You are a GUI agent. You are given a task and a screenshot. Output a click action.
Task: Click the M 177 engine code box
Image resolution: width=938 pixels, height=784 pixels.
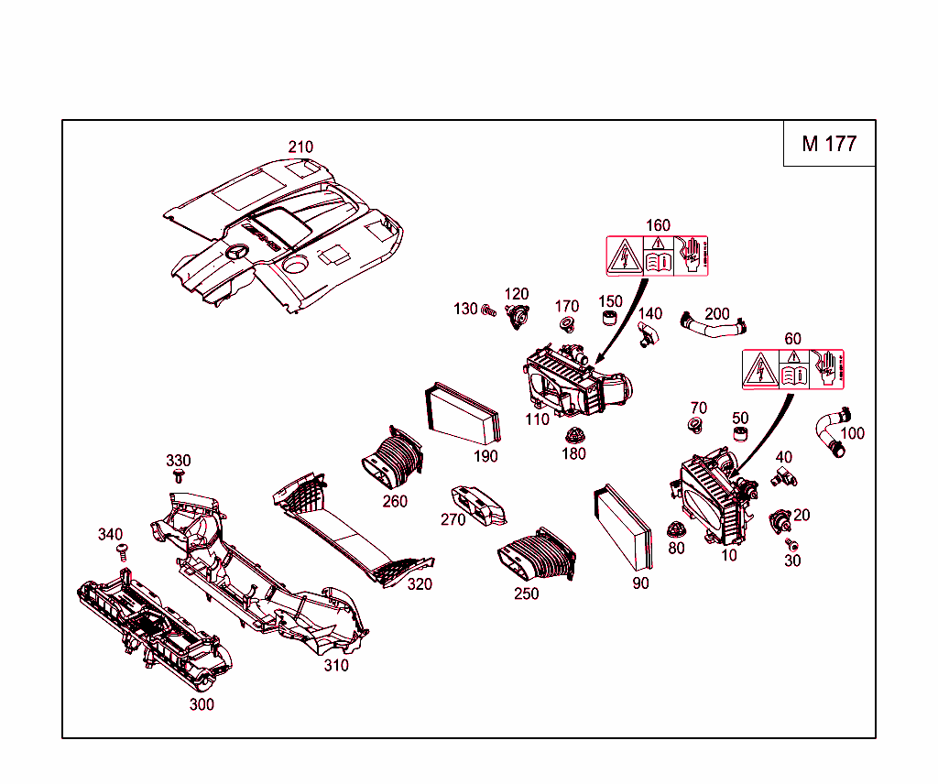click(829, 144)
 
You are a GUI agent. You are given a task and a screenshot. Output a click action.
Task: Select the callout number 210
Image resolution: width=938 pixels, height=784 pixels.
click(300, 147)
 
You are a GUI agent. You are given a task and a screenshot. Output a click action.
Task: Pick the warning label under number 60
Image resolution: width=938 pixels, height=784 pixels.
click(792, 369)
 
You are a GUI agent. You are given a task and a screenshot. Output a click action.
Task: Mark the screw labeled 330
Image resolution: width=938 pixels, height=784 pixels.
click(179, 477)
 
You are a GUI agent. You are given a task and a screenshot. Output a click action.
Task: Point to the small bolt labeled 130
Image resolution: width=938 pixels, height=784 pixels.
click(488, 310)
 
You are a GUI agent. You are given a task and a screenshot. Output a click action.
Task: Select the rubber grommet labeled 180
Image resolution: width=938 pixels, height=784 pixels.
click(575, 436)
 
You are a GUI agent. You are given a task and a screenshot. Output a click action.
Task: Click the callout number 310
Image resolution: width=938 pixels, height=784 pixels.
click(336, 666)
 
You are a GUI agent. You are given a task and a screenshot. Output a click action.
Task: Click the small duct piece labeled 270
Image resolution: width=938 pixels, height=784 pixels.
click(481, 506)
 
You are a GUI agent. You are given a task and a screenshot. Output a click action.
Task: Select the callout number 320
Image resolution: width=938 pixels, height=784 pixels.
click(420, 584)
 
